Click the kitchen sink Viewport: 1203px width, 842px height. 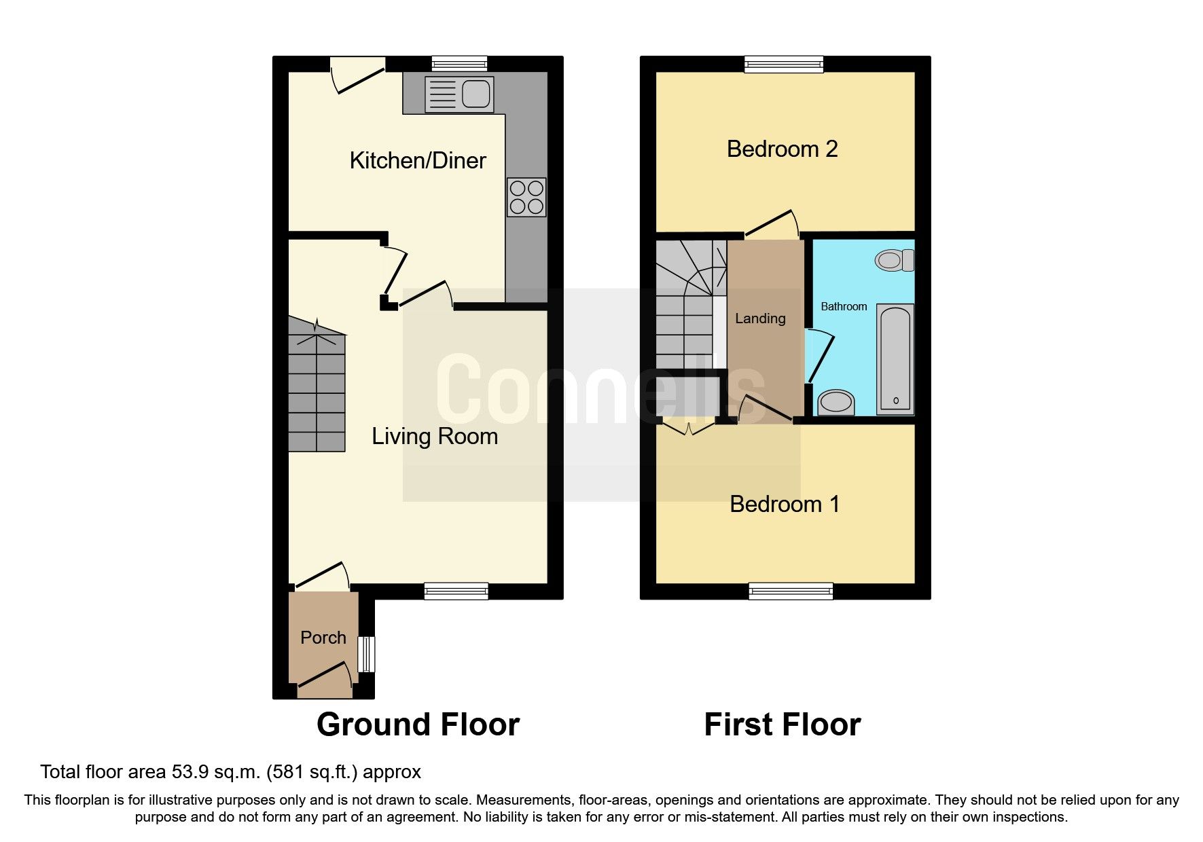[459, 94]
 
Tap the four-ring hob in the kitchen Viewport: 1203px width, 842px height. [526, 197]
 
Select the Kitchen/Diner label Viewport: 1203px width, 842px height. [418, 161]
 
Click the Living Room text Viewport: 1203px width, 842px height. [435, 436]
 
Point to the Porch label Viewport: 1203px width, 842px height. [323, 638]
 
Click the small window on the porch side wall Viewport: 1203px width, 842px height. [367, 654]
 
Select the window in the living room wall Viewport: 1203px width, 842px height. [456, 591]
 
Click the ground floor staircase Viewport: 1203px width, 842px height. [317, 387]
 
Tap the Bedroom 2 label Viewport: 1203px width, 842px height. [782, 149]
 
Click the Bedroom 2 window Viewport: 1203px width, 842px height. [784, 65]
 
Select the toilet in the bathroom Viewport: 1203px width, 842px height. [895, 260]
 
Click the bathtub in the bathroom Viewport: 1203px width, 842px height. [895, 359]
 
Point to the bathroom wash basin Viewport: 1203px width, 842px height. [836, 402]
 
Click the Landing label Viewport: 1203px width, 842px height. [760, 318]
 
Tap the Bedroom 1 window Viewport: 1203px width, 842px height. [791, 591]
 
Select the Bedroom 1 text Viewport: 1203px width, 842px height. [785, 504]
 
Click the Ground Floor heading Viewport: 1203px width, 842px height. [418, 724]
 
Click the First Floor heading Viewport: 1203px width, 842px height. [782, 724]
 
